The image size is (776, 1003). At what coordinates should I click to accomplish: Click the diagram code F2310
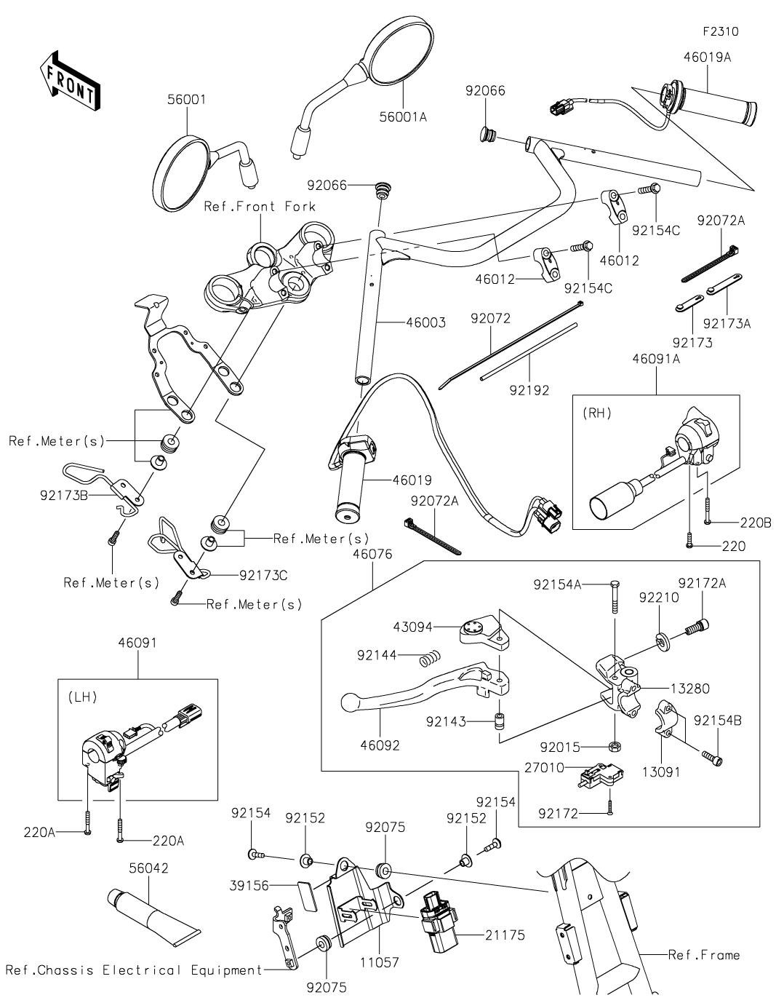(x=720, y=31)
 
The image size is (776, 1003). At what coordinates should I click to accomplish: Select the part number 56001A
(x=403, y=117)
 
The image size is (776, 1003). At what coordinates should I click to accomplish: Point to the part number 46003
(x=425, y=322)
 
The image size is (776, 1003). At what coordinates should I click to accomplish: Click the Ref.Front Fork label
(x=260, y=206)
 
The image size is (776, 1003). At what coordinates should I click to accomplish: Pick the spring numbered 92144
(x=430, y=658)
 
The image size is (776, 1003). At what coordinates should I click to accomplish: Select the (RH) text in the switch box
(x=597, y=413)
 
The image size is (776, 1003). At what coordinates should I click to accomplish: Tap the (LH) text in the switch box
(x=82, y=697)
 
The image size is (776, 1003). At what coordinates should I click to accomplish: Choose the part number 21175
(x=505, y=935)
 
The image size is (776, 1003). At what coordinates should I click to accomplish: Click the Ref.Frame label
(x=703, y=955)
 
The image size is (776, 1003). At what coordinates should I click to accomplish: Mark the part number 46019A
(x=708, y=58)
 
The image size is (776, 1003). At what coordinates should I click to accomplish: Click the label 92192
(x=529, y=390)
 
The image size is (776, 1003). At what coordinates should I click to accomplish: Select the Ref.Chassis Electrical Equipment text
(x=134, y=970)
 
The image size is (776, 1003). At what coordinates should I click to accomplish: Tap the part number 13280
(x=689, y=689)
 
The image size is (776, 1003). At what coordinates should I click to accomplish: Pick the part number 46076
(x=372, y=554)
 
